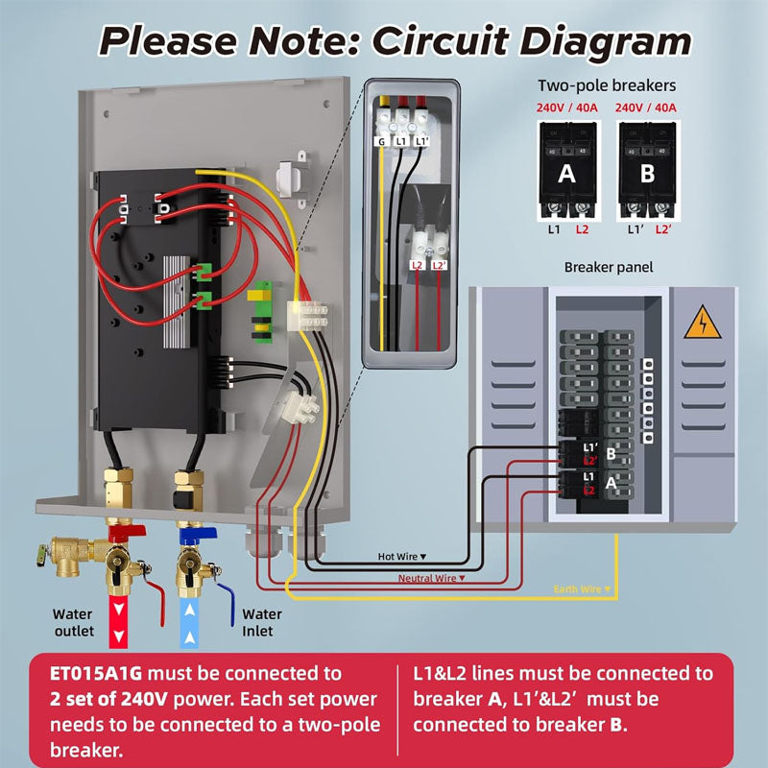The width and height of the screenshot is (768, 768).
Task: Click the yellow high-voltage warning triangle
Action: pos(703,327)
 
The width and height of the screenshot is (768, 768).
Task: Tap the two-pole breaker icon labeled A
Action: pos(566,173)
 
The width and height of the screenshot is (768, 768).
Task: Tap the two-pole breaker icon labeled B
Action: pos(647,173)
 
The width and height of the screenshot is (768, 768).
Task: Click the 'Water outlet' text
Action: pos(73,622)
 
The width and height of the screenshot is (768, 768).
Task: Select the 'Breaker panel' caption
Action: pos(608,267)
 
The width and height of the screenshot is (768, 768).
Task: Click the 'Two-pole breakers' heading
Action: pos(608,85)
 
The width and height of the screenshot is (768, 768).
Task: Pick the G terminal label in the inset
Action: pos(381,141)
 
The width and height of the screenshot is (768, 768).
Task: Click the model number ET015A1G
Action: pos(96,673)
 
